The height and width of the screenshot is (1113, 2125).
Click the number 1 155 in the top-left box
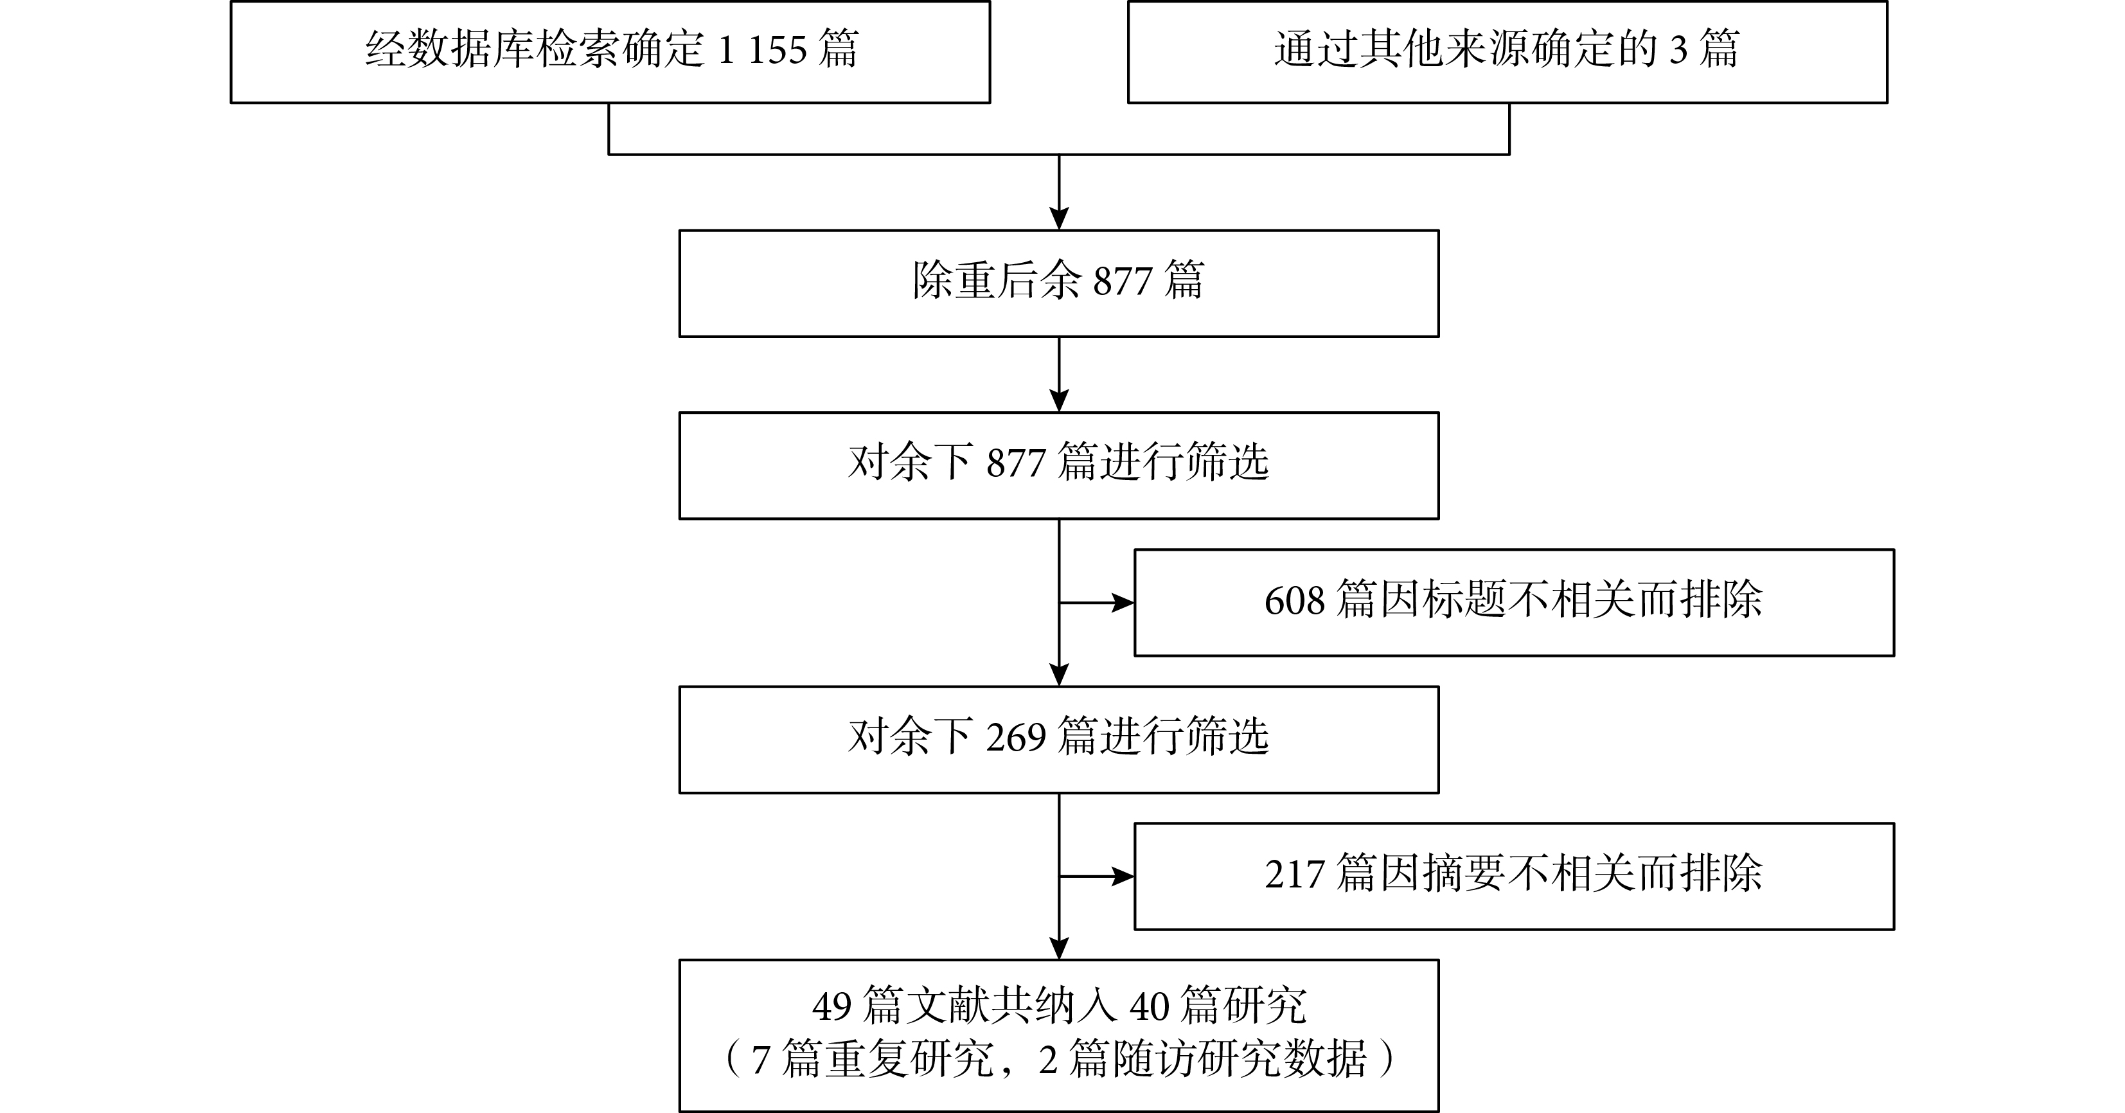(762, 50)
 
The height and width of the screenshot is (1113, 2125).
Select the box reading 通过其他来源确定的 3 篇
(1507, 52)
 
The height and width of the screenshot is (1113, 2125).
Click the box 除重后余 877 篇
(1058, 283)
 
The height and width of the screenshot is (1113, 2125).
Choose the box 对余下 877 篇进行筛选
(1058, 465)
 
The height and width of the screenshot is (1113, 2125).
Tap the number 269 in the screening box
(1015, 738)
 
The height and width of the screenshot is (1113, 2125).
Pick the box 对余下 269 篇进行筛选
(1058, 739)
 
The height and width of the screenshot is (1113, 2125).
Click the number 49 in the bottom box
(831, 1006)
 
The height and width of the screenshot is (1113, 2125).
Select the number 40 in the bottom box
(1149, 1006)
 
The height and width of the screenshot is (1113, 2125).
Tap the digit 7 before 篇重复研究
(761, 1060)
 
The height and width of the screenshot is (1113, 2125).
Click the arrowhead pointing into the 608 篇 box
(1123, 603)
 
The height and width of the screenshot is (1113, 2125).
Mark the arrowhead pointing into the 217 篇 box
(1123, 877)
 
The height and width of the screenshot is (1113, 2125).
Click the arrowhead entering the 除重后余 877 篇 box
(1059, 218)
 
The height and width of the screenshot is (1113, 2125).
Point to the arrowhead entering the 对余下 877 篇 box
(1059, 401)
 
